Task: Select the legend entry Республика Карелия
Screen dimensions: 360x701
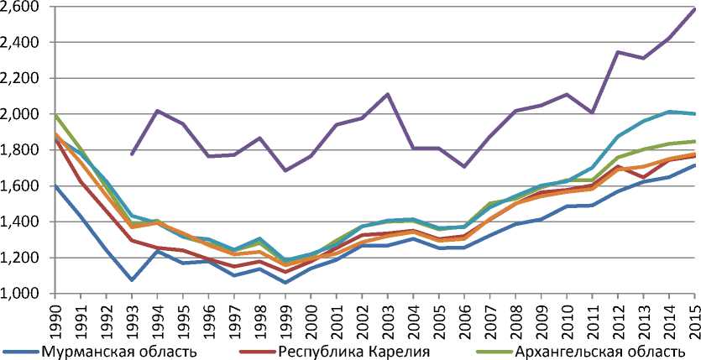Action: click(x=355, y=350)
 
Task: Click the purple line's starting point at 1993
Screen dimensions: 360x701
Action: click(x=132, y=154)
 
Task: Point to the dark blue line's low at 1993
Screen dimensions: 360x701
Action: click(x=132, y=279)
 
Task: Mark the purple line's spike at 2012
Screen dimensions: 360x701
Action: click(x=619, y=52)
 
